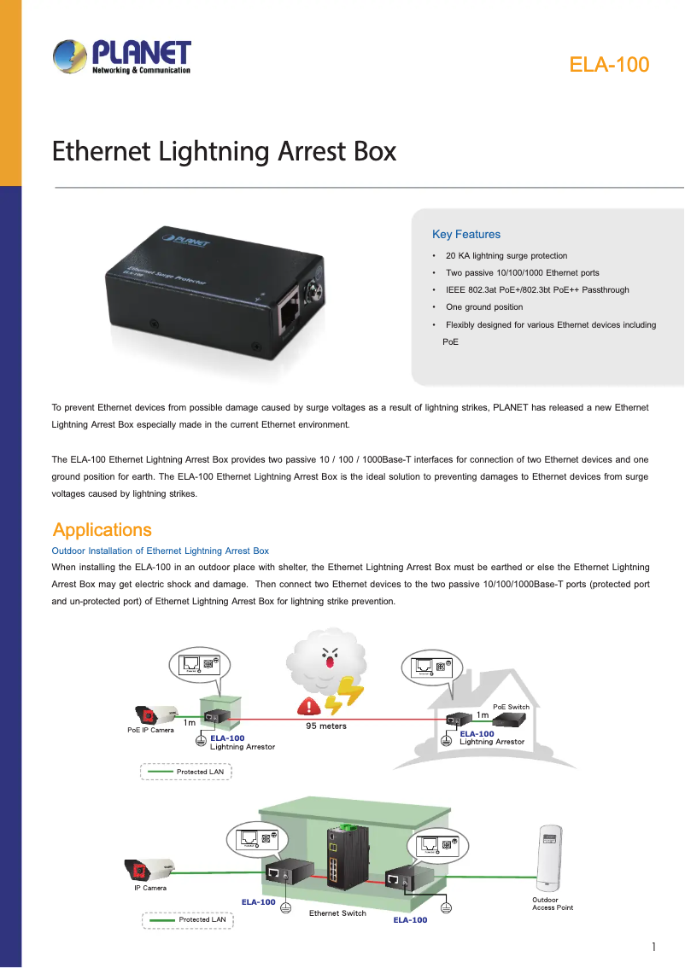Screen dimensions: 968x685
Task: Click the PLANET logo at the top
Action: [122, 57]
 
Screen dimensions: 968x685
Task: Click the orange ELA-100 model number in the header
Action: [609, 65]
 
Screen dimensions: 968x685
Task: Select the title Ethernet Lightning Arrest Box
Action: [225, 151]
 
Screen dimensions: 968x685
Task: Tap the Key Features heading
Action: [466, 234]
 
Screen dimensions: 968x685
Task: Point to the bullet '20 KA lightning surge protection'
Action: [506, 255]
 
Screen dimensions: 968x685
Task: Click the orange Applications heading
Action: [102, 529]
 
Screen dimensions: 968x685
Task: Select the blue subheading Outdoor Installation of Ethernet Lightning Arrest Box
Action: [161, 551]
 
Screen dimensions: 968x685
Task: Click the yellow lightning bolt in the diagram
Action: [350, 696]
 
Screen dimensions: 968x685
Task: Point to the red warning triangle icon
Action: [308, 706]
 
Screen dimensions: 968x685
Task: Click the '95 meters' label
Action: [326, 726]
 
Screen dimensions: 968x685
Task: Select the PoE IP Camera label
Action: [150, 730]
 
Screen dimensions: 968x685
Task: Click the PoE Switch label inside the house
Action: [512, 707]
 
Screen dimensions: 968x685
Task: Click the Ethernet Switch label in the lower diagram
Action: [337, 913]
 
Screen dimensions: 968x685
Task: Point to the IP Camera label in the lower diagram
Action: [150, 888]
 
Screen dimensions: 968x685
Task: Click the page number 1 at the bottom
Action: [653, 947]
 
